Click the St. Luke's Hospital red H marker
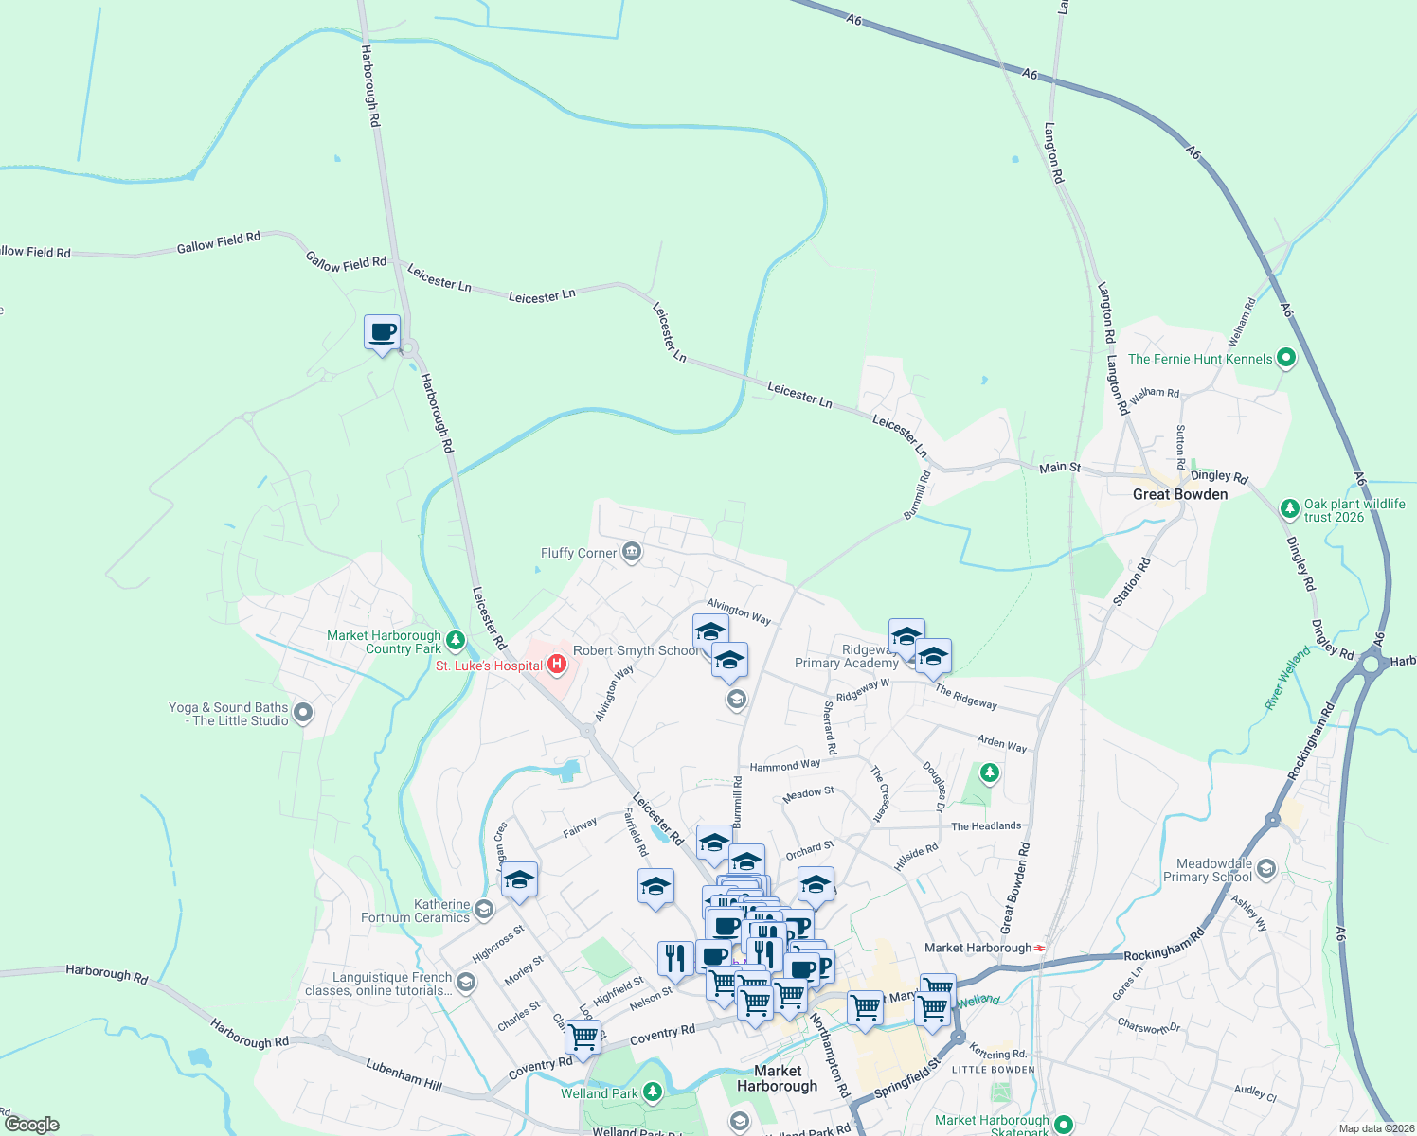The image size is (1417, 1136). coord(557,665)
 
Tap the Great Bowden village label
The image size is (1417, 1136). coord(1179,494)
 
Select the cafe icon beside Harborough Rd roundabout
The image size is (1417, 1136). coord(382,333)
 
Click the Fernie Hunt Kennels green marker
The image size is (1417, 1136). coord(1285,358)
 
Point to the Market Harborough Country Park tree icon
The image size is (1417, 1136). coord(456,641)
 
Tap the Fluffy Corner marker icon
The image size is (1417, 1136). coord(632,552)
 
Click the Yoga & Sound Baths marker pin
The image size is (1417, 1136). coord(303,713)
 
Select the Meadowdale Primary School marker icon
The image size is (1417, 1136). coord(1266,869)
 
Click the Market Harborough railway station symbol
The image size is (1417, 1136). coord(1040,948)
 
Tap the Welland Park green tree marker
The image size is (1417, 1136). coord(652,1092)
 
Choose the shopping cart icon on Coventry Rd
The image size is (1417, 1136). coord(583,1037)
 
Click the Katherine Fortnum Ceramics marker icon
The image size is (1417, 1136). coord(483,911)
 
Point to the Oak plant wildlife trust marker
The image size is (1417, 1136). coord(1289,508)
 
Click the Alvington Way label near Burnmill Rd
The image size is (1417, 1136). coord(739,612)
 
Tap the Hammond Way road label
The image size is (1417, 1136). coord(785,765)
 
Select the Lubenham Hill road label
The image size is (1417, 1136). coord(404,1075)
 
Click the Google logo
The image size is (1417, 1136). coord(32,1124)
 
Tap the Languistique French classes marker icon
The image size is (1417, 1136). coord(465,983)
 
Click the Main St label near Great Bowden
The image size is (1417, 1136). coord(1060,468)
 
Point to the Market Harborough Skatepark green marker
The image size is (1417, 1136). coord(1064,1125)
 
